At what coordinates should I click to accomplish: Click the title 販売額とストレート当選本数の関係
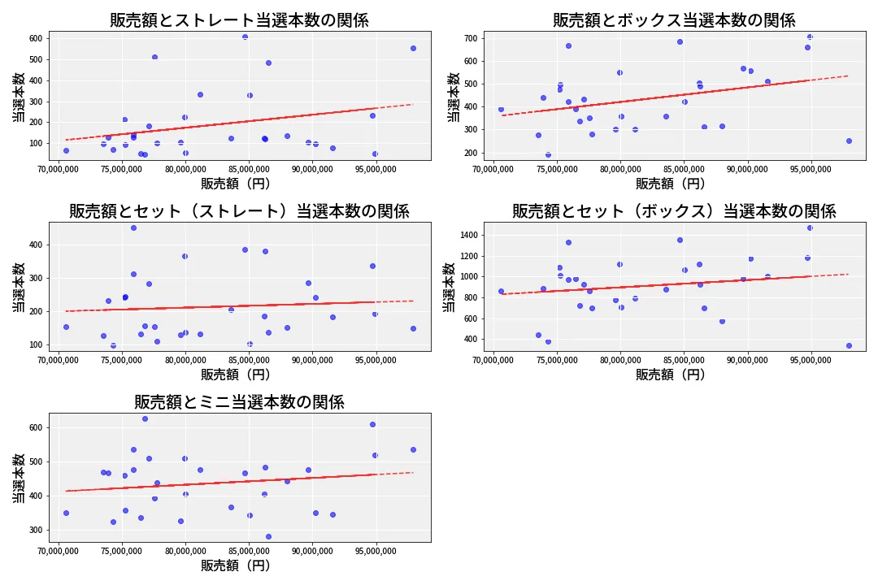click(239, 20)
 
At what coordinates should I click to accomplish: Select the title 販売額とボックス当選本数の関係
click(674, 20)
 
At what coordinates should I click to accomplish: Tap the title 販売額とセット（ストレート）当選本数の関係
click(239, 211)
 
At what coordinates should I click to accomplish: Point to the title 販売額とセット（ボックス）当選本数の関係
click(674, 211)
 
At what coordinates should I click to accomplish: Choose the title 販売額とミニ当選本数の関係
click(239, 402)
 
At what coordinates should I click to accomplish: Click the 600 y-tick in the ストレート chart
click(36, 38)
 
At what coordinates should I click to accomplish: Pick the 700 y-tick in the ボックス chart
click(471, 38)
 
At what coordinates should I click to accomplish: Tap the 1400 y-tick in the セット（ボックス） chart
click(468, 235)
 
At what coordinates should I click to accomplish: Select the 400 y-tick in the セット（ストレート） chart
click(36, 245)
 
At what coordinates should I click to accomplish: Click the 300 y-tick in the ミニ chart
click(36, 530)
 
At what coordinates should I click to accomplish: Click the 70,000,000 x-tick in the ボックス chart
click(493, 170)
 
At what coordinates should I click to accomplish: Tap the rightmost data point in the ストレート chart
click(413, 48)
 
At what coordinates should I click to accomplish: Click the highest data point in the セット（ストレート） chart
click(133, 227)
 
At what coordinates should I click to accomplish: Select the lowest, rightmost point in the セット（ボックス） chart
click(849, 345)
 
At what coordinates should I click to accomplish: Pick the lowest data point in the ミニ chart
click(268, 536)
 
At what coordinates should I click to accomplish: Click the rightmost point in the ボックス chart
click(849, 141)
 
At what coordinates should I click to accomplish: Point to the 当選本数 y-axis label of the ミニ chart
click(18, 478)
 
